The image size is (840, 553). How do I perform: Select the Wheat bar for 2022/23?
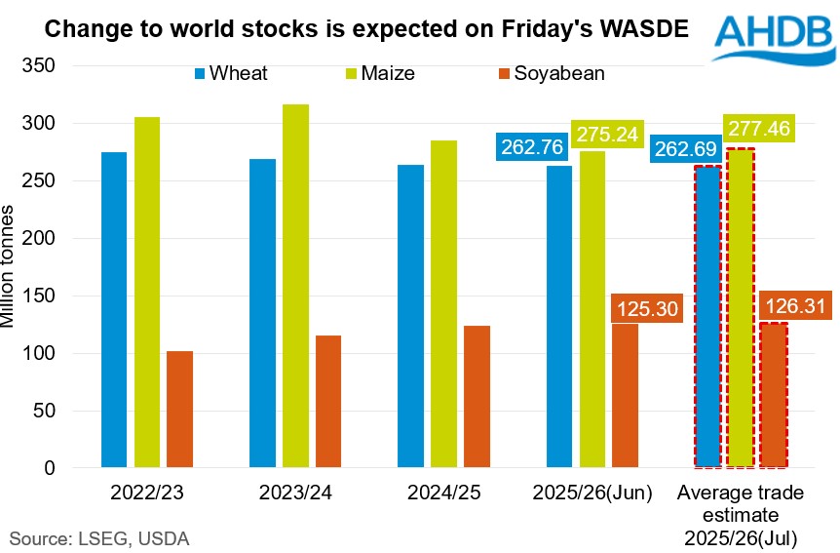click(x=114, y=309)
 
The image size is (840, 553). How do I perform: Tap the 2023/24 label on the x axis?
click(x=294, y=494)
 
